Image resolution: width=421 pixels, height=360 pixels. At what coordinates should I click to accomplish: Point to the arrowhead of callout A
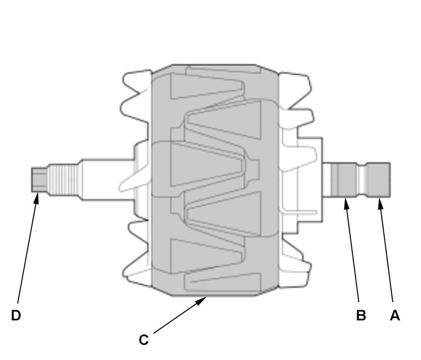[x=380, y=204]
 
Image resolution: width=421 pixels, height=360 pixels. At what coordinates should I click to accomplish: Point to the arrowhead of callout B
[x=346, y=204]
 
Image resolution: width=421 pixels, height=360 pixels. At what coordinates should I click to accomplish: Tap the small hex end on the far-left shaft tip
[x=40, y=180]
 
